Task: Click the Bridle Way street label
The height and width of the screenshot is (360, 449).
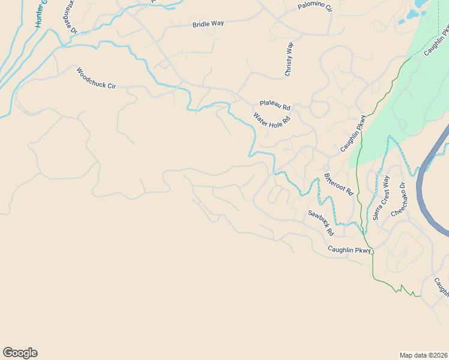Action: (x=208, y=24)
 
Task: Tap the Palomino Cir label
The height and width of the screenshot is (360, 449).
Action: (x=315, y=7)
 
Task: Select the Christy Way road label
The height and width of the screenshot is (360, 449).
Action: (x=289, y=59)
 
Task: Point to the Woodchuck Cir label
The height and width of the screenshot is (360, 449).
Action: (x=95, y=78)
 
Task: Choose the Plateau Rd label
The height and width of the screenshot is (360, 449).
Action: (x=275, y=105)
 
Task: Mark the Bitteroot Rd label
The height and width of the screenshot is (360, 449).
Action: (x=339, y=184)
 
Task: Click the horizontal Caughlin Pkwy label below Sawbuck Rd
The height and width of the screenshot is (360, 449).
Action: (x=350, y=250)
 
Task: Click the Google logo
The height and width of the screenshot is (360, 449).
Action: (x=20, y=353)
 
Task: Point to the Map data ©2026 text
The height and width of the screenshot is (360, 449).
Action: (x=424, y=355)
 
